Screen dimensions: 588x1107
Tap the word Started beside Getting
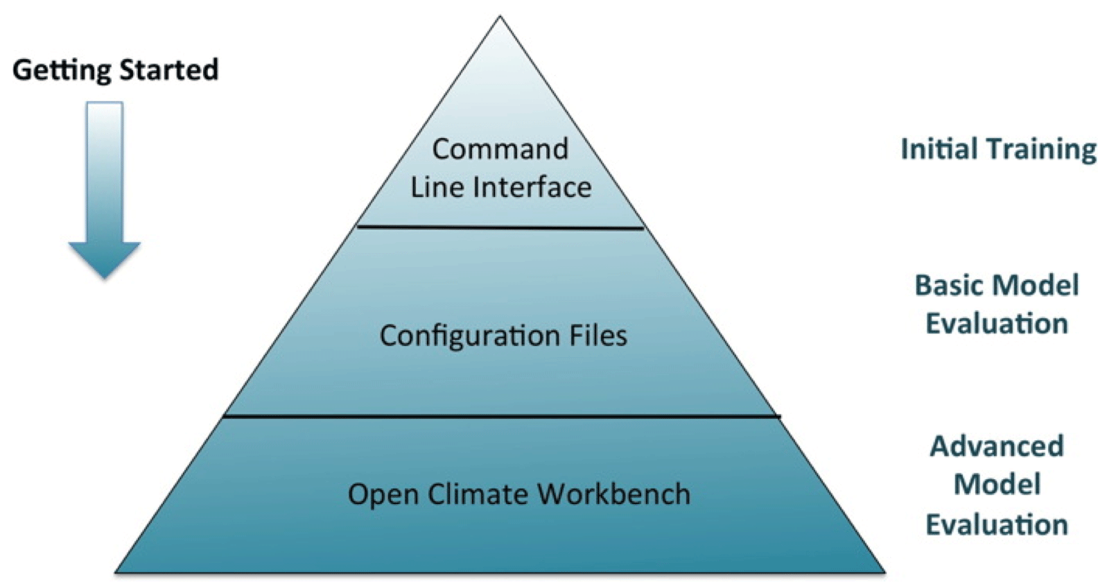point(168,70)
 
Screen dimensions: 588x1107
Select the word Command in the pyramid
point(500,149)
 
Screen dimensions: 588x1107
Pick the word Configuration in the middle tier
point(469,336)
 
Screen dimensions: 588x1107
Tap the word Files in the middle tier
point(598,336)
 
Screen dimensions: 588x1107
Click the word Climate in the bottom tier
point(478,494)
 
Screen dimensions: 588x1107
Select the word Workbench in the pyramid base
point(613,494)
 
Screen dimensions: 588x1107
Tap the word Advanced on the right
point(996,446)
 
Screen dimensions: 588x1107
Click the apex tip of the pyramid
point(500,19)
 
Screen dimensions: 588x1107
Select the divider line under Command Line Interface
point(500,227)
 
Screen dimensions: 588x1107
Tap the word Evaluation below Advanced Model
point(996,525)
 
